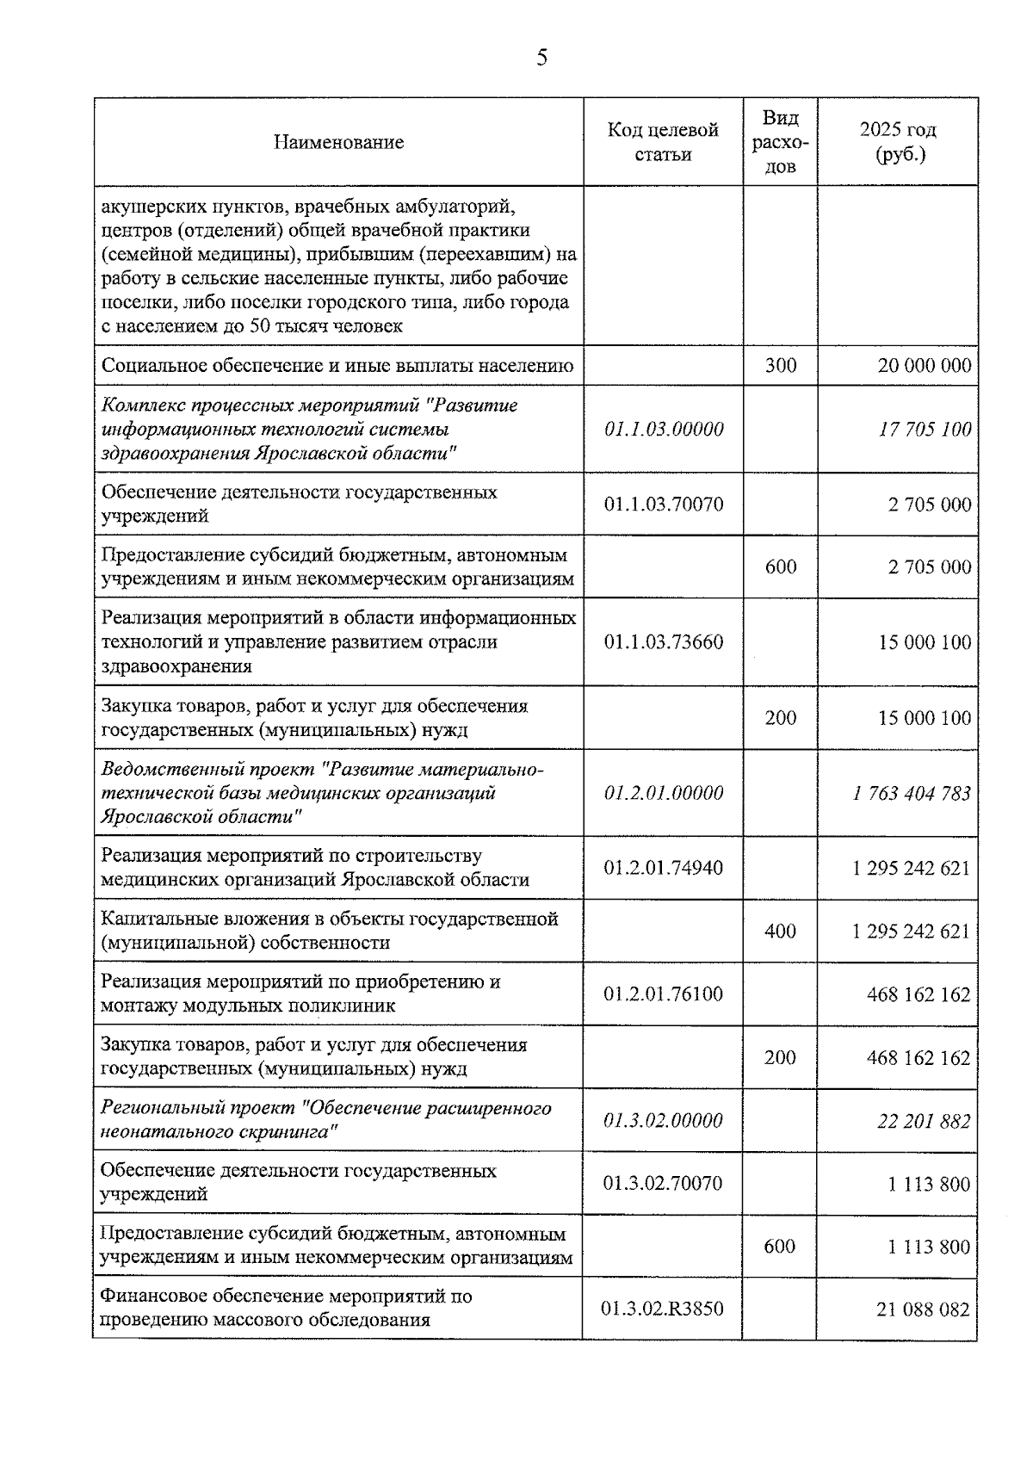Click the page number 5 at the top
click(541, 59)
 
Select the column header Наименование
click(338, 142)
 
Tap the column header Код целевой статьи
click(663, 142)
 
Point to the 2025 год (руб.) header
click(898, 142)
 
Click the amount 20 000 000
click(925, 366)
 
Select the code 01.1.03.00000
click(664, 429)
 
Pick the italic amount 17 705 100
click(925, 429)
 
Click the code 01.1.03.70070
click(664, 505)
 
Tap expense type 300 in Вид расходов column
click(781, 366)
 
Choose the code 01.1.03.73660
click(664, 642)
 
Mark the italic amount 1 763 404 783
click(912, 793)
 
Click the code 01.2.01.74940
click(664, 868)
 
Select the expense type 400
click(780, 932)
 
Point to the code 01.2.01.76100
click(664, 994)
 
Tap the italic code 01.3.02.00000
click(663, 1121)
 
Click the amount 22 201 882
click(924, 1121)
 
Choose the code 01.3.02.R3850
click(663, 1309)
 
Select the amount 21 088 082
click(923, 1309)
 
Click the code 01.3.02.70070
click(663, 1184)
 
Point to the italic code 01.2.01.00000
click(664, 793)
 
